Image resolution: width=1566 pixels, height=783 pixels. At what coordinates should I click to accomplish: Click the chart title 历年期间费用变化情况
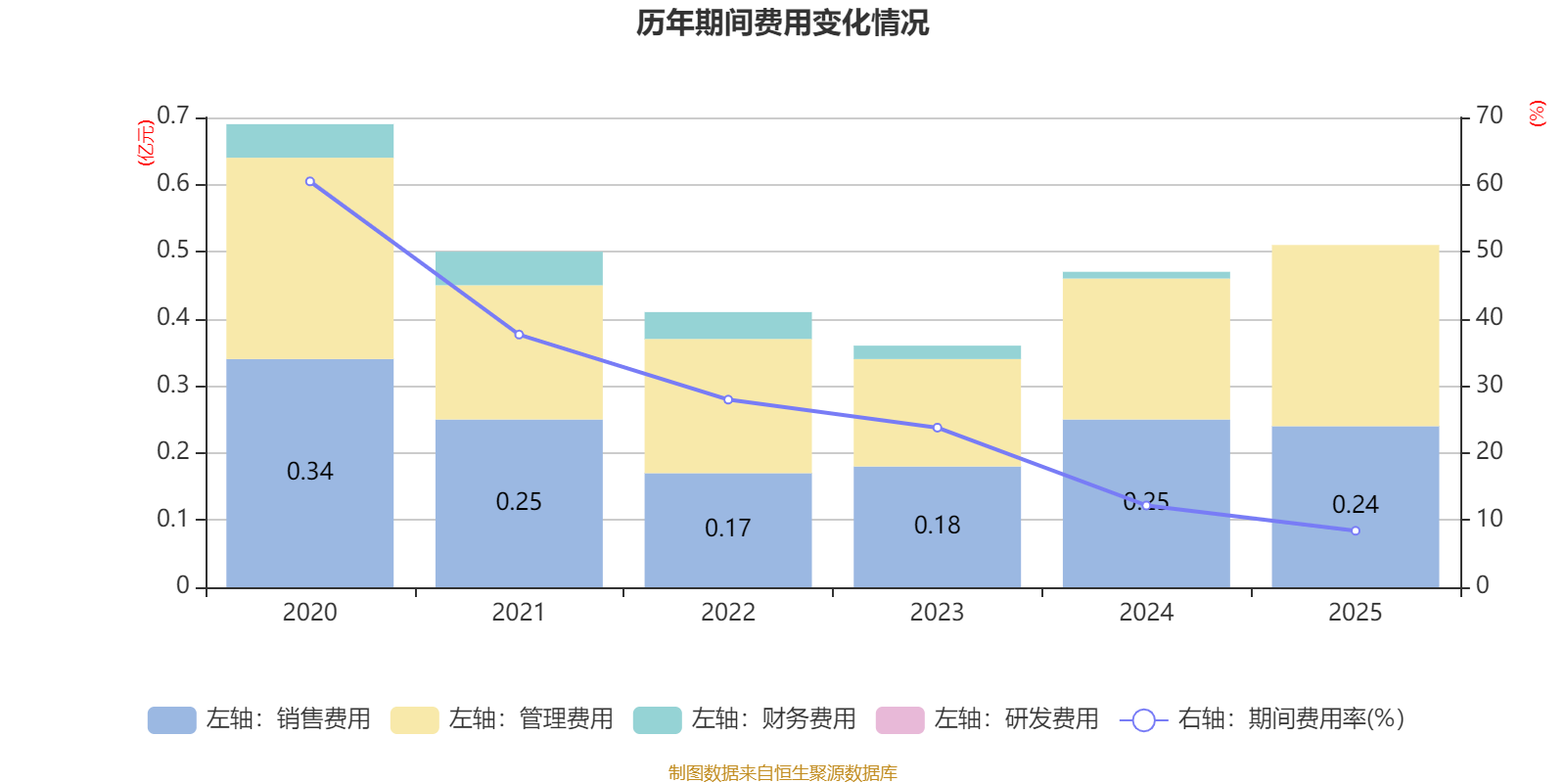coord(782,23)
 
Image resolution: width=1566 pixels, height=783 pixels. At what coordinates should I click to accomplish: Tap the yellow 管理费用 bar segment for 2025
coord(1355,335)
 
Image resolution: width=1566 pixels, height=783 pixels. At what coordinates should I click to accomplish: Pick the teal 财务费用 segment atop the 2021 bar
coord(519,268)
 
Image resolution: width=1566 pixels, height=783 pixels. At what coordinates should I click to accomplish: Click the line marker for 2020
coord(310,182)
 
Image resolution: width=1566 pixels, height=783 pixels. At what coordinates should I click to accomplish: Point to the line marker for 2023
coord(937,428)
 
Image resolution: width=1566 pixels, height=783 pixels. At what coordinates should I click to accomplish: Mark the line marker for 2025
coord(1355,530)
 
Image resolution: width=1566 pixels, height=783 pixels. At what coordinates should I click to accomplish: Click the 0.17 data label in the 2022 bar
coord(727,529)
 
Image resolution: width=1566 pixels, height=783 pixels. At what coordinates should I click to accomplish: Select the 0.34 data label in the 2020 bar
coord(310,472)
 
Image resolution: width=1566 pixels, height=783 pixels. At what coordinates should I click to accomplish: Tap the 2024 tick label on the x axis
coord(1145,613)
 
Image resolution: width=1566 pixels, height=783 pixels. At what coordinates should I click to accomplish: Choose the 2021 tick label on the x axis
coord(518,613)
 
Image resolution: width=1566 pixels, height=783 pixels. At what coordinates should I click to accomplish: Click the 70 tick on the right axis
coord(1489,115)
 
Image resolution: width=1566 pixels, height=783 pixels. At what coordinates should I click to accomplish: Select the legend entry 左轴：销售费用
coord(259,719)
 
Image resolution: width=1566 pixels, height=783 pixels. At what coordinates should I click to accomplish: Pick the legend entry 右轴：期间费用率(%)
coord(1262,719)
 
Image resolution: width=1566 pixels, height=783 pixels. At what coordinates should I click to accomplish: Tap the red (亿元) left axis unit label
coord(146,143)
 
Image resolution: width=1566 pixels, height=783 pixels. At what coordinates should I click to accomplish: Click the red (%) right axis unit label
coord(1537,114)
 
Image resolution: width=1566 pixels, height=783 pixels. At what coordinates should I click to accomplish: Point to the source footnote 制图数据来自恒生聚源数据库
coord(782,773)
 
